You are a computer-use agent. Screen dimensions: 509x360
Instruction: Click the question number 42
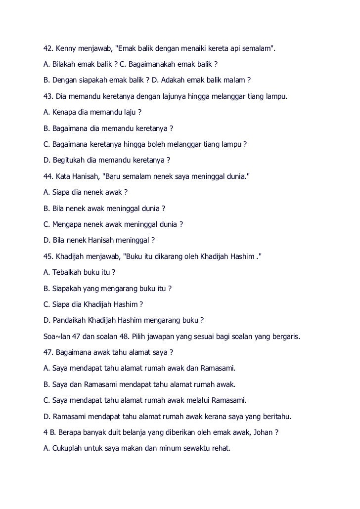(x=48, y=49)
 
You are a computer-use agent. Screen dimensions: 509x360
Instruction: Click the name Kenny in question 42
(x=66, y=49)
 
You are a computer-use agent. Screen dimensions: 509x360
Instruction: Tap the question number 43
(x=48, y=96)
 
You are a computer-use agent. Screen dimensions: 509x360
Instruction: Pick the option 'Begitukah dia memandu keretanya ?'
(x=107, y=160)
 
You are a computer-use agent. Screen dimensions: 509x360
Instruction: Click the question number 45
(x=48, y=256)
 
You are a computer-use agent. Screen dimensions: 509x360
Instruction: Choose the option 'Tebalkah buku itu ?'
(x=79, y=272)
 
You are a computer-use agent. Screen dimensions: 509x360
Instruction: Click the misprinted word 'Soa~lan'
(x=57, y=336)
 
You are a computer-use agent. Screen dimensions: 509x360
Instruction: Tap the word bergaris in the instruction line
(x=285, y=336)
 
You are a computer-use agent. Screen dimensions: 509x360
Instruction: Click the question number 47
(x=48, y=352)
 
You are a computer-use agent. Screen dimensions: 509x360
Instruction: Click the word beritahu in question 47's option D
(x=276, y=416)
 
